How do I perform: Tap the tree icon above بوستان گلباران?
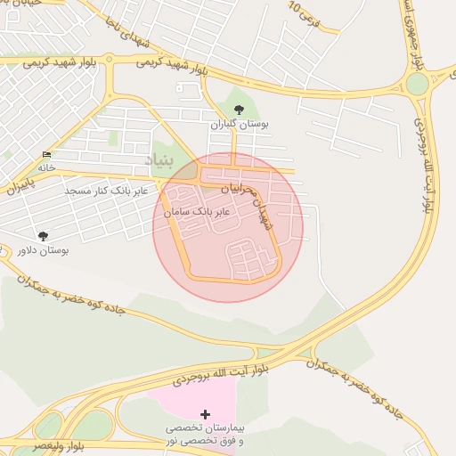tap(238, 110)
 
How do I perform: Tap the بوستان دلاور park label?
tap(43, 251)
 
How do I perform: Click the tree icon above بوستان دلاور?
tap(43, 235)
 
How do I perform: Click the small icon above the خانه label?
tap(46, 155)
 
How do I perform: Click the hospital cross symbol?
tap(206, 414)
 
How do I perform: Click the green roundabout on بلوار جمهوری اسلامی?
tap(417, 85)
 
